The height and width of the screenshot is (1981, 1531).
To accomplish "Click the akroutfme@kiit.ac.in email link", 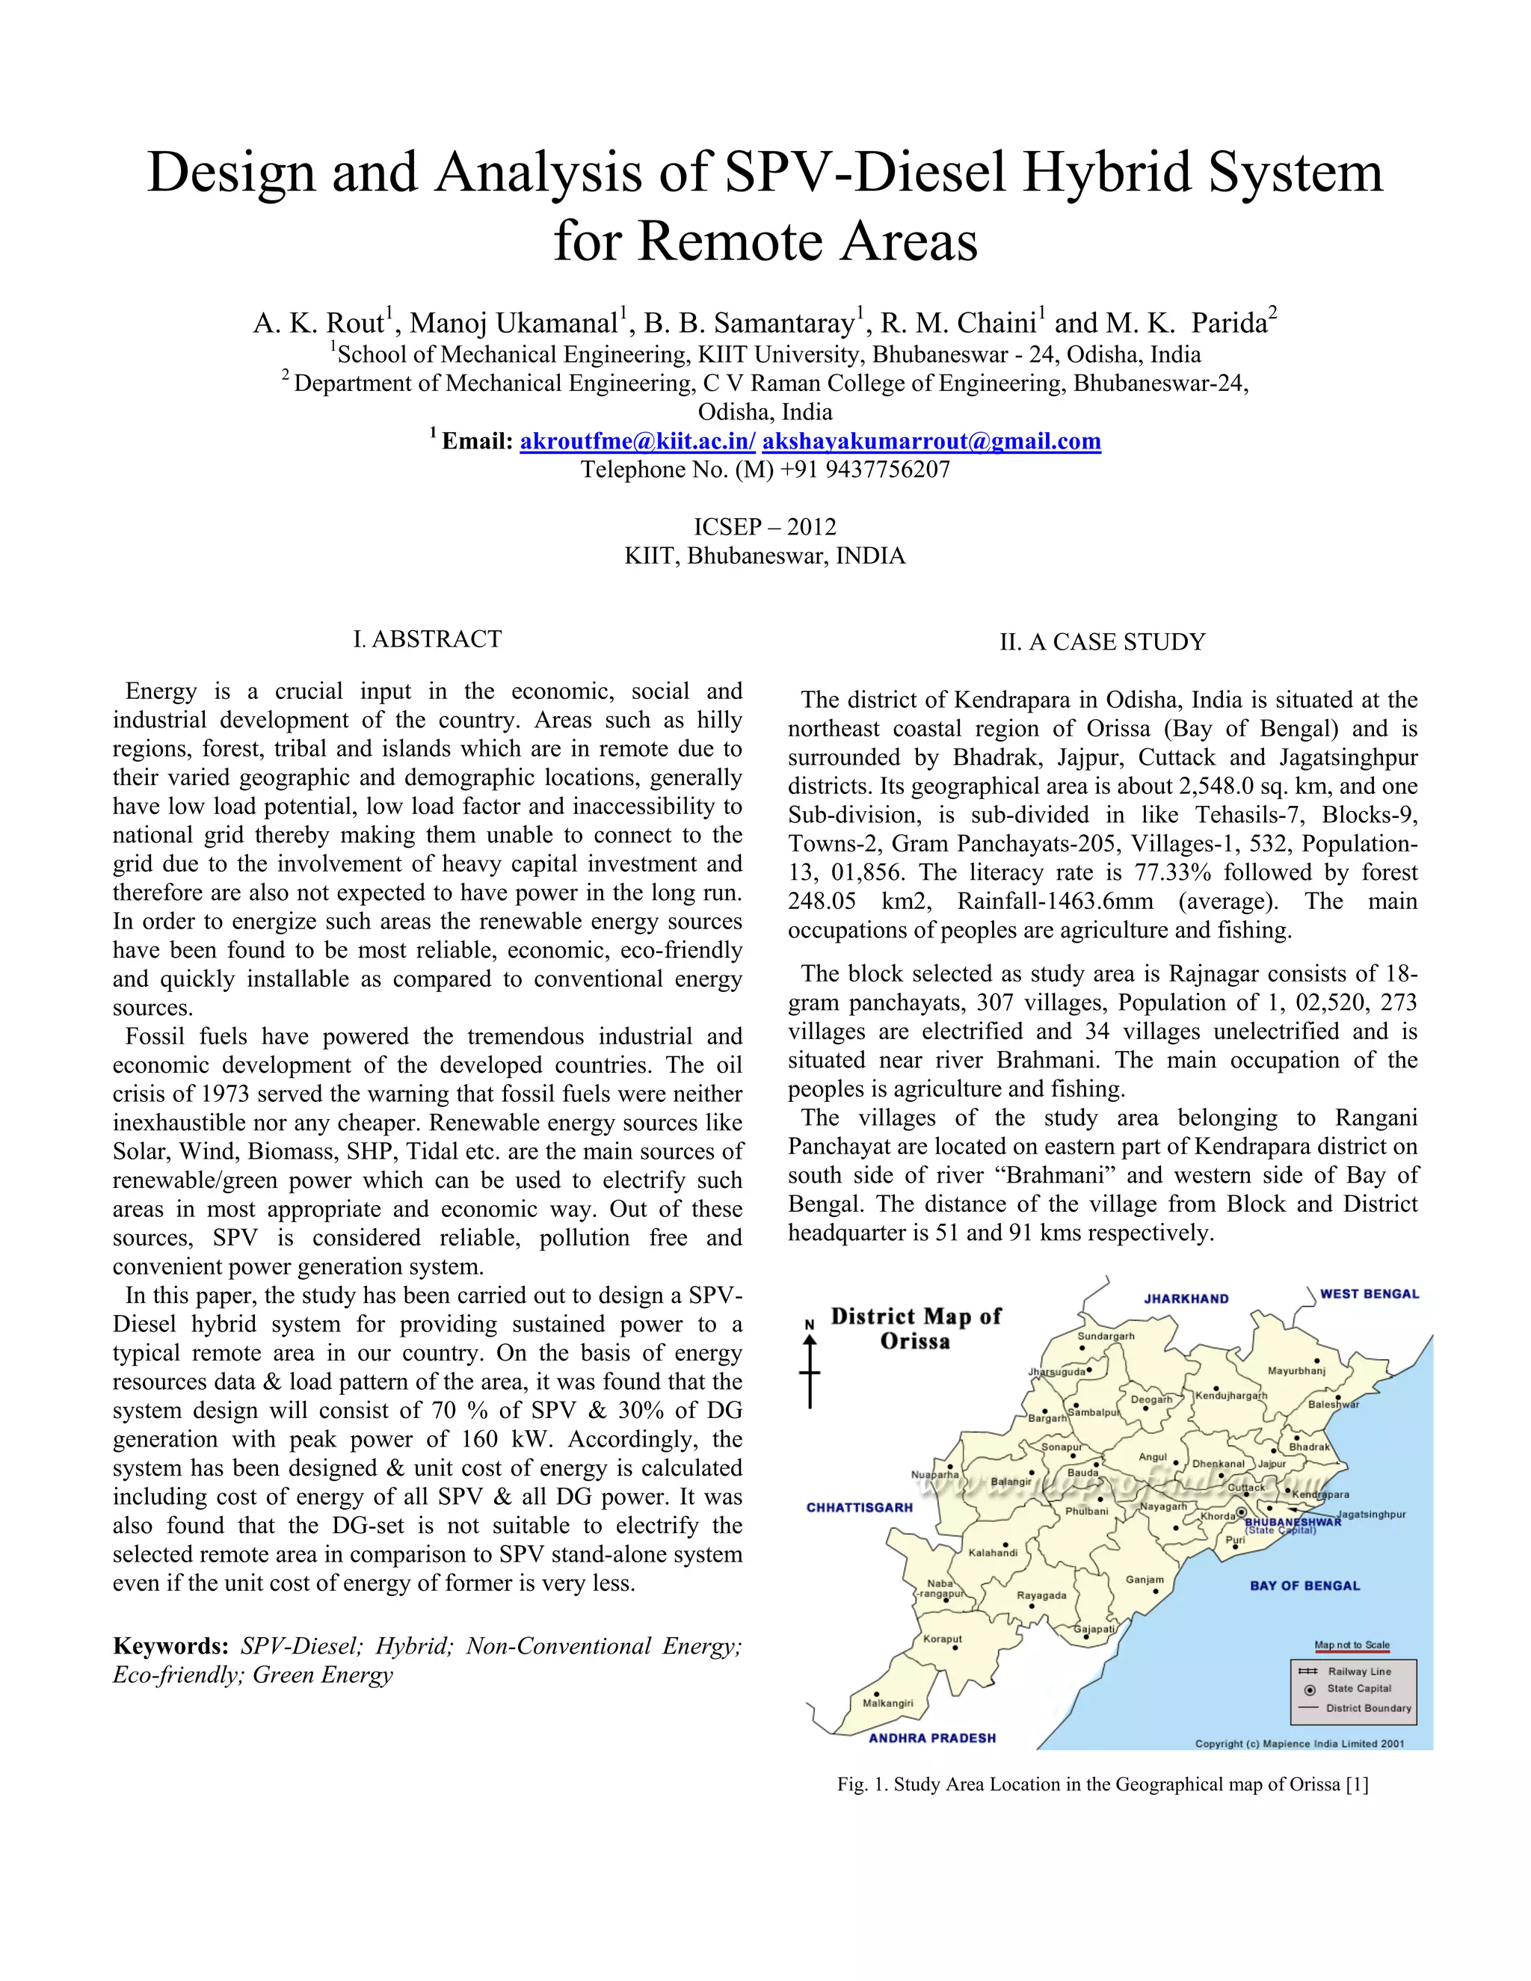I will click(x=637, y=442).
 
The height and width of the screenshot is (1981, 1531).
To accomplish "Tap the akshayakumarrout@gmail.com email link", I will click(x=931, y=442).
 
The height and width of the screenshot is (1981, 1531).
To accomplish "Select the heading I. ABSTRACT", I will click(x=427, y=639).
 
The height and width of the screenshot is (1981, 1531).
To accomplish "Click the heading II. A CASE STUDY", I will click(x=1102, y=642).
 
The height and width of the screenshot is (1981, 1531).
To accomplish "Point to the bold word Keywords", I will click(x=170, y=1646).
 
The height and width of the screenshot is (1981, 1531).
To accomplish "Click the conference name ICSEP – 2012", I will click(x=765, y=527).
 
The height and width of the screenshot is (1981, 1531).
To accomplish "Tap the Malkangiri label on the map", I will click(x=887, y=1702).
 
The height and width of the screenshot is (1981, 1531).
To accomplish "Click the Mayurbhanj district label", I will click(x=1296, y=1370).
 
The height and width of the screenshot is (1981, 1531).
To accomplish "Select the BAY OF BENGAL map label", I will click(x=1304, y=1586).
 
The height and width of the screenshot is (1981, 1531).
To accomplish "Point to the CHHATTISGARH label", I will click(x=859, y=1508).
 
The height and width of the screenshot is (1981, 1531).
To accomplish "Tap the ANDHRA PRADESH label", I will click(x=931, y=1738).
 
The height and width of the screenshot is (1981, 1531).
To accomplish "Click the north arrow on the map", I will click(x=810, y=1364).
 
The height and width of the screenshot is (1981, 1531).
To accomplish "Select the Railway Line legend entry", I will click(x=1358, y=1671).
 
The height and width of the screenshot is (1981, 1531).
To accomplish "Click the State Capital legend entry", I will click(x=1358, y=1689).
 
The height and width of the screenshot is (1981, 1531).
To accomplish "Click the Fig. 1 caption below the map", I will click(x=1102, y=1784).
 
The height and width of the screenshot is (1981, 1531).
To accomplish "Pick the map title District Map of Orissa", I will click(x=915, y=1329).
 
